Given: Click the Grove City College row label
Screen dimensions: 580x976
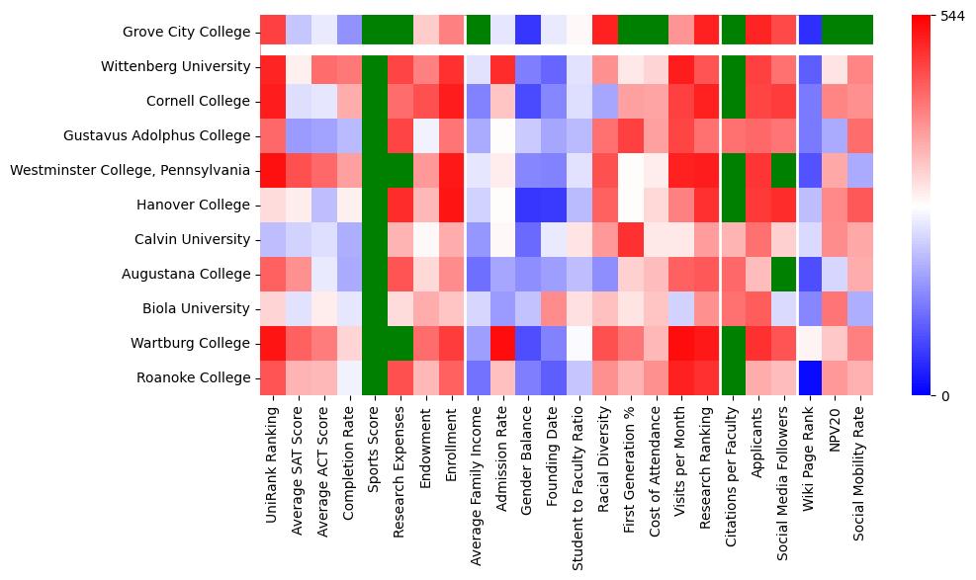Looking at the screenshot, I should (x=186, y=32).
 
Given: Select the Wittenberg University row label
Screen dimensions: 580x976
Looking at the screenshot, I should (x=175, y=66).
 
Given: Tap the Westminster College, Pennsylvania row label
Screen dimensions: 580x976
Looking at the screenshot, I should (x=130, y=170).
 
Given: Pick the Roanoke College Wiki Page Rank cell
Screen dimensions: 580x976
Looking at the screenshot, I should (x=810, y=377).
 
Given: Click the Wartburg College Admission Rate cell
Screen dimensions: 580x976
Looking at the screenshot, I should (x=503, y=343).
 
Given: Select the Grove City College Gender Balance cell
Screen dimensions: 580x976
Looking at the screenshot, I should (x=529, y=32).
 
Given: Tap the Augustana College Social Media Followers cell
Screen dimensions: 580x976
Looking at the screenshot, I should (x=784, y=274).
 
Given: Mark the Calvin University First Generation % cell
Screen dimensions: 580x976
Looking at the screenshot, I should (x=632, y=239).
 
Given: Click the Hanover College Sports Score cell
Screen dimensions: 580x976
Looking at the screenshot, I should (x=375, y=205).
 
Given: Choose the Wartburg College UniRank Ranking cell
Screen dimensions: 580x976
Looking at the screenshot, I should (x=272, y=343).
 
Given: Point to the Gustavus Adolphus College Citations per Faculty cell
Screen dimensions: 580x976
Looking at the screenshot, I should (x=733, y=135).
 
